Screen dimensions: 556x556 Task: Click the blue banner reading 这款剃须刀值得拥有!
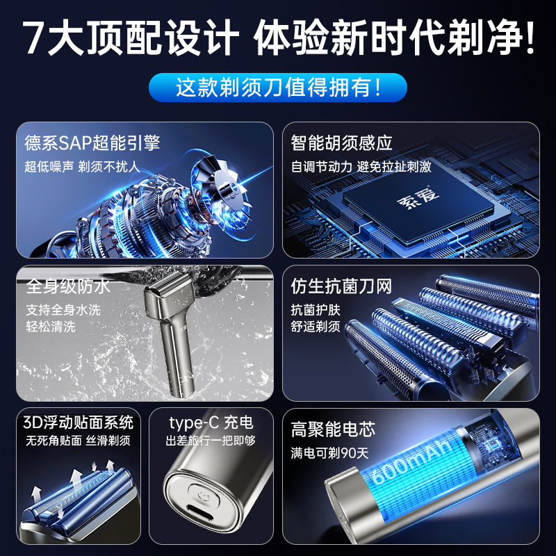pyautogui.click(x=278, y=88)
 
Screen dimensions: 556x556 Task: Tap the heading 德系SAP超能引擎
pyautogui.click(x=92, y=143)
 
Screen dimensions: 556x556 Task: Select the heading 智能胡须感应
pyautogui.click(x=341, y=143)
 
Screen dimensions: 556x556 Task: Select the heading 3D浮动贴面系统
pyautogui.click(x=78, y=423)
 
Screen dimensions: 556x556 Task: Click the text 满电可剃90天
pyautogui.click(x=329, y=453)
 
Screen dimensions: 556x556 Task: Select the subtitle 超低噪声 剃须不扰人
pyautogui.click(x=82, y=167)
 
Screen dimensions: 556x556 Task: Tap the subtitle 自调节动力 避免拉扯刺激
pyautogui.click(x=361, y=167)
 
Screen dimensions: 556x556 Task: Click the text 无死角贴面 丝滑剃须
pyautogui.click(x=78, y=441)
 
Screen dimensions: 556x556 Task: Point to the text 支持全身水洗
pyautogui.click(x=63, y=309)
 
